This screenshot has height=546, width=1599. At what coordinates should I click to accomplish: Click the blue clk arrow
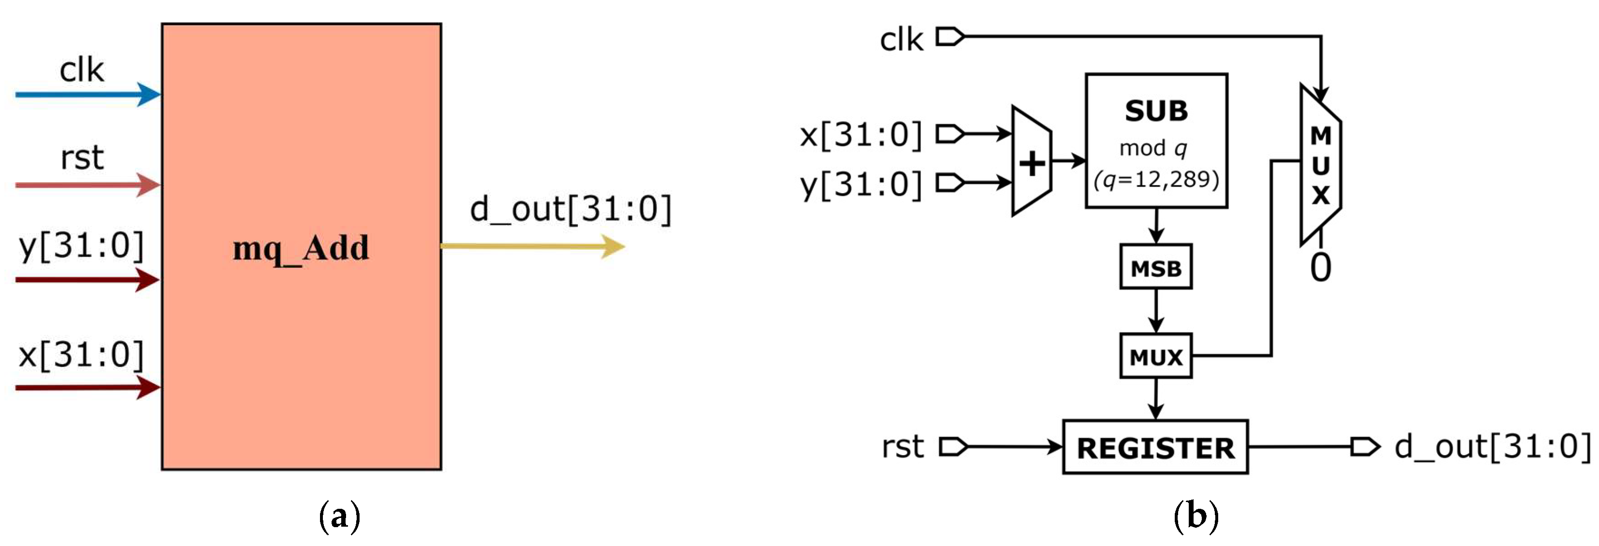tap(87, 94)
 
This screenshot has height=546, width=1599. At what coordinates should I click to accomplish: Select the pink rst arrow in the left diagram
tap(87, 185)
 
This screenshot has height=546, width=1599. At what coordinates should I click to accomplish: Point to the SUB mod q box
tap(1156, 141)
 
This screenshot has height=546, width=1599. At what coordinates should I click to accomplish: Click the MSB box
tap(1156, 267)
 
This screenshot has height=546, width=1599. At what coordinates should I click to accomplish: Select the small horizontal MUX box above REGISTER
tap(1156, 356)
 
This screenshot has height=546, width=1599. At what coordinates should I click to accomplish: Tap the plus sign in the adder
tap(1032, 164)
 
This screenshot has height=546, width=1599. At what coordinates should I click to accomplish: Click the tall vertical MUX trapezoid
tap(1321, 165)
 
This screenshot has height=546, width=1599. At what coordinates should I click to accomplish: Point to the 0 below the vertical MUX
tap(1321, 268)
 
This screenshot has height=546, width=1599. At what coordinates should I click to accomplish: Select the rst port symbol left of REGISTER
tap(953, 446)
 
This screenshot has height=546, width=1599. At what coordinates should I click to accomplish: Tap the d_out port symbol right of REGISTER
tap(1365, 446)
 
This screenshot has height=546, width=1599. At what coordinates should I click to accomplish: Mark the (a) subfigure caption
tap(339, 516)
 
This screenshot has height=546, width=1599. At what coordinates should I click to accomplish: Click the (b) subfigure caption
tap(1196, 516)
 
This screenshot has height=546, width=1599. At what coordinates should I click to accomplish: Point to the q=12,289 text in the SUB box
tap(1156, 180)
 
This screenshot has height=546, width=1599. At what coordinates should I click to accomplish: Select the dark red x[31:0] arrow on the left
tap(87, 388)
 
